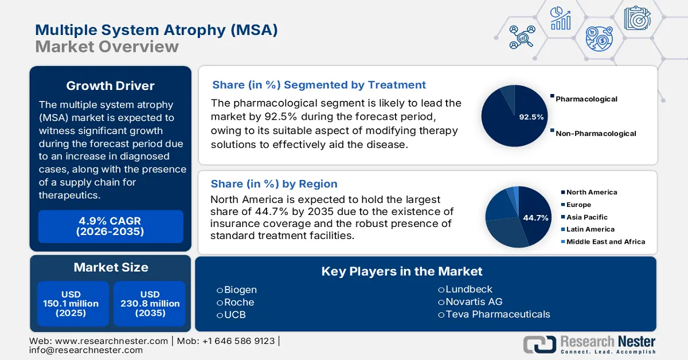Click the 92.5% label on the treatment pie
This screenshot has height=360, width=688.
531,117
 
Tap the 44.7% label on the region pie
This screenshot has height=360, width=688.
535,218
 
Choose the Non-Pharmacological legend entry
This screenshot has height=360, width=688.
596,134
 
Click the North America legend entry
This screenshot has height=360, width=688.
592,193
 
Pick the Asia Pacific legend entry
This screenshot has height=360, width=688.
587,217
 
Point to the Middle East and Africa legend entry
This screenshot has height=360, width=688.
605,242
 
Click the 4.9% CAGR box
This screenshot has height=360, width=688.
111,226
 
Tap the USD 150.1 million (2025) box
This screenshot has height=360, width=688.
71,304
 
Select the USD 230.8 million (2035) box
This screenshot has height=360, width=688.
150,304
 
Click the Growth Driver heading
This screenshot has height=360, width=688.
110,86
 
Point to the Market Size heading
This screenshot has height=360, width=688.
111,267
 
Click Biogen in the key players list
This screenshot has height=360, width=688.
240,289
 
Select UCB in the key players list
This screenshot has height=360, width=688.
234,315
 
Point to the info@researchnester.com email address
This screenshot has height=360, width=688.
86,350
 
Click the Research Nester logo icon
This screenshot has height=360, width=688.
539,344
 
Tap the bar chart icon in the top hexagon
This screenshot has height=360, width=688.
560,18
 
